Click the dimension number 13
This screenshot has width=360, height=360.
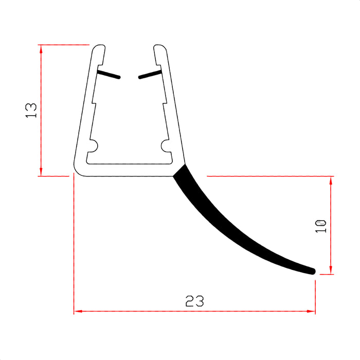point(31,110)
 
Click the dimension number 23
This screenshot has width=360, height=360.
point(195,301)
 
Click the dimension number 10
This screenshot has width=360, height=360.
point(321,225)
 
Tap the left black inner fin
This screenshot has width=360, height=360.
point(109,75)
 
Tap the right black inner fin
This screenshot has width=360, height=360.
point(150,75)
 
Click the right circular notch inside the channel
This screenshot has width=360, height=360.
point(166,146)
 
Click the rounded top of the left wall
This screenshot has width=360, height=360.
point(100,48)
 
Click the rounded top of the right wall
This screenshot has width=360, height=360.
point(159,48)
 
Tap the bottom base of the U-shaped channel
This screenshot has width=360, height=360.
point(129,171)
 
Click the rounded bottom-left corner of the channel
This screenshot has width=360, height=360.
point(78,170)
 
